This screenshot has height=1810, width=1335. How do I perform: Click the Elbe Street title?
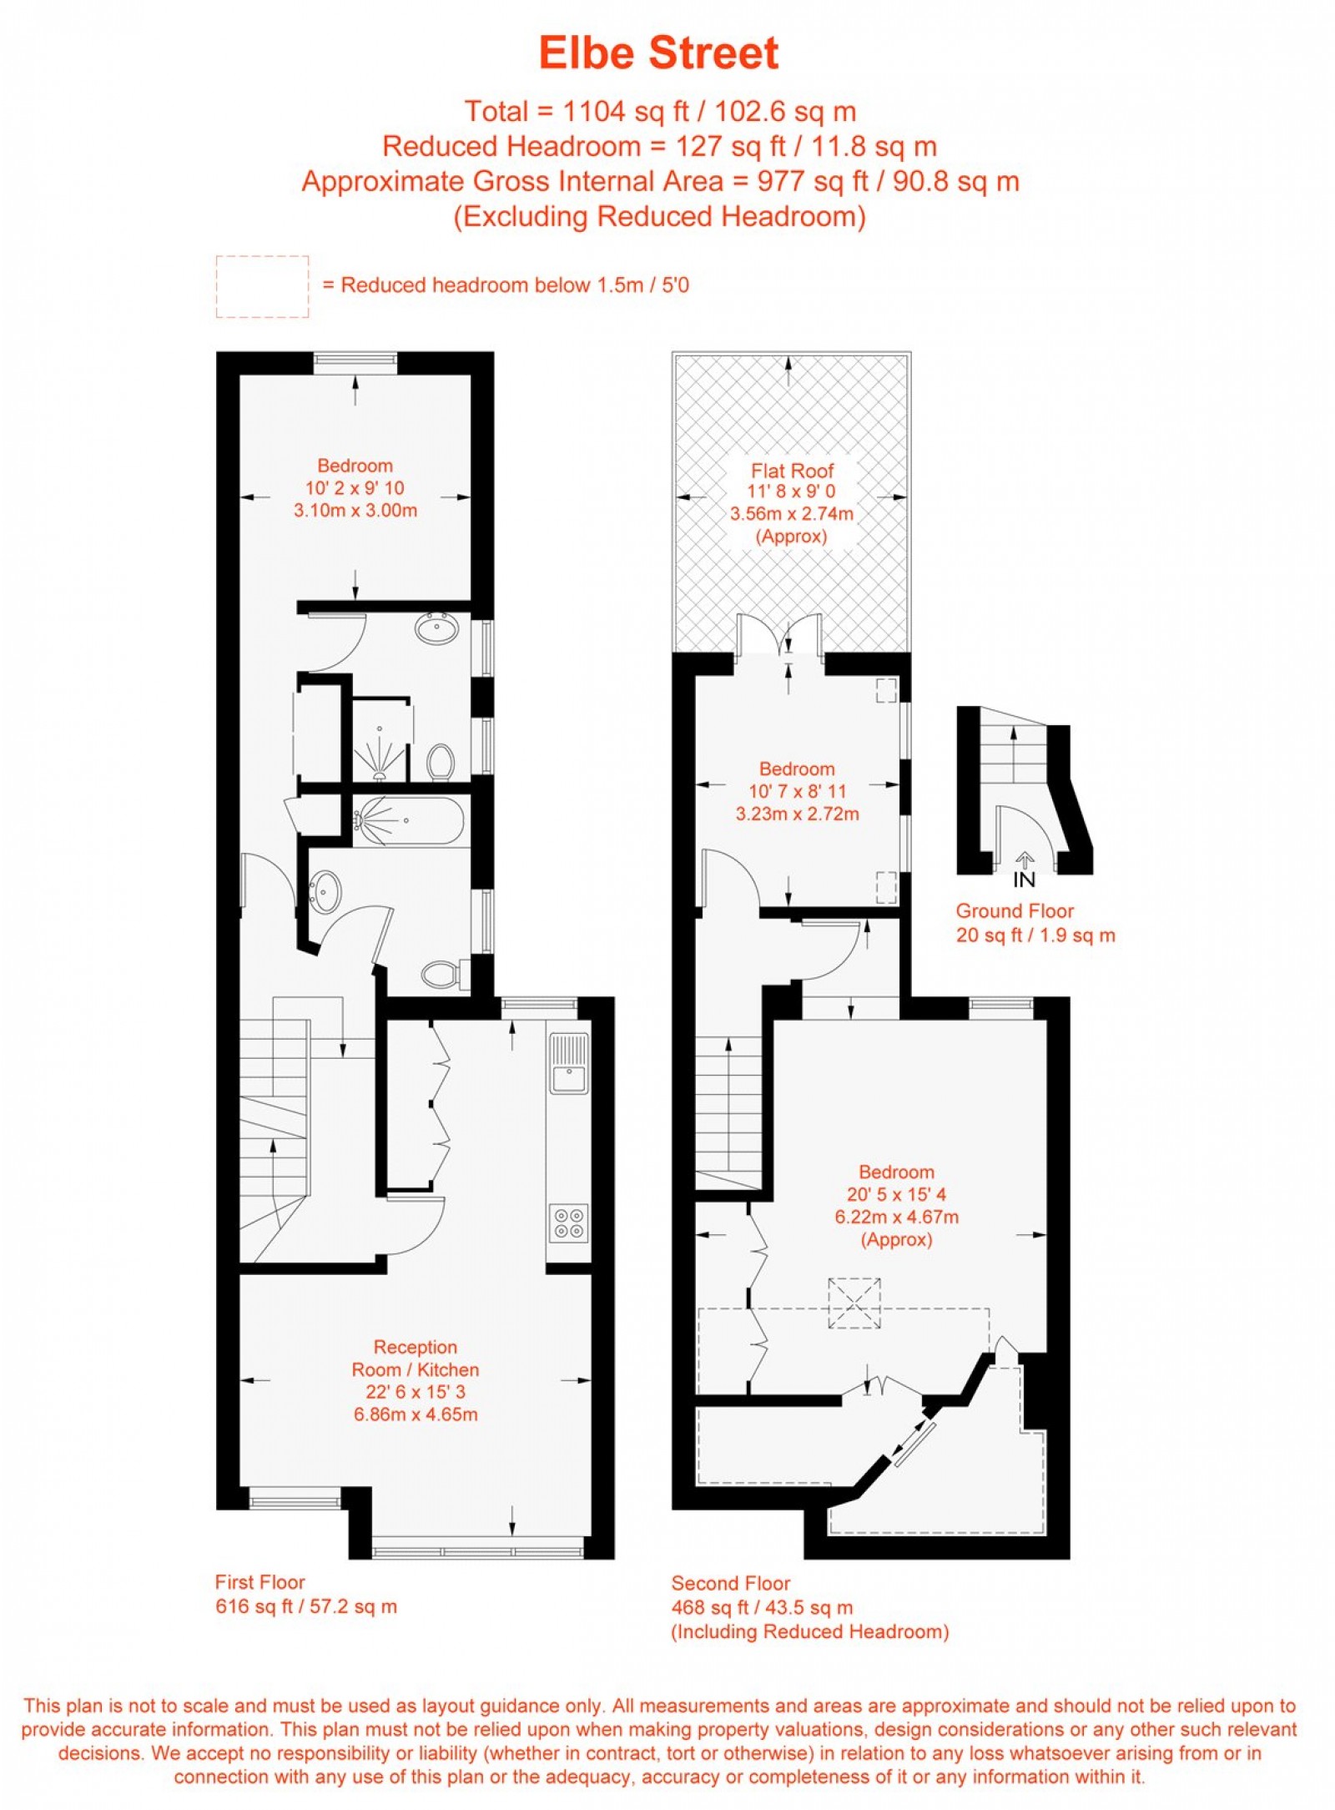point(658,53)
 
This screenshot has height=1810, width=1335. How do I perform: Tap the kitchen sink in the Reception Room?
point(568,1063)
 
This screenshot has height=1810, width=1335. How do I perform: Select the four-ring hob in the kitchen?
point(568,1223)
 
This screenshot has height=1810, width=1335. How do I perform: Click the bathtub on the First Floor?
point(409,821)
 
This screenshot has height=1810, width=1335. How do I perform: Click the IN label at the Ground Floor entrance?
point(1024,880)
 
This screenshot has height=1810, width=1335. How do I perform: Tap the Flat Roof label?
point(791,471)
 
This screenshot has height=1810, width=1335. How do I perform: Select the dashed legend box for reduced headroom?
point(262,286)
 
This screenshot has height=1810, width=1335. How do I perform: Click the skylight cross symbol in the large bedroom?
point(854,1303)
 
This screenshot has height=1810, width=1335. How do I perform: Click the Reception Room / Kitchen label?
point(415,1358)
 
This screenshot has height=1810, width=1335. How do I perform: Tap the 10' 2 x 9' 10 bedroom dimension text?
point(355,488)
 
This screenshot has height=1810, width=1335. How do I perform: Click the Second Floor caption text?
point(730,1583)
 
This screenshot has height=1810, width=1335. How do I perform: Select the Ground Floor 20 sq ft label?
point(1035,935)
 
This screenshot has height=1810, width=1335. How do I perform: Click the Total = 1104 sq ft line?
point(659,111)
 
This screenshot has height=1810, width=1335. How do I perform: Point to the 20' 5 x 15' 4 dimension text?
point(896,1194)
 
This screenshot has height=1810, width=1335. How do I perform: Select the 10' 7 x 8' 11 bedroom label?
point(797,791)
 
